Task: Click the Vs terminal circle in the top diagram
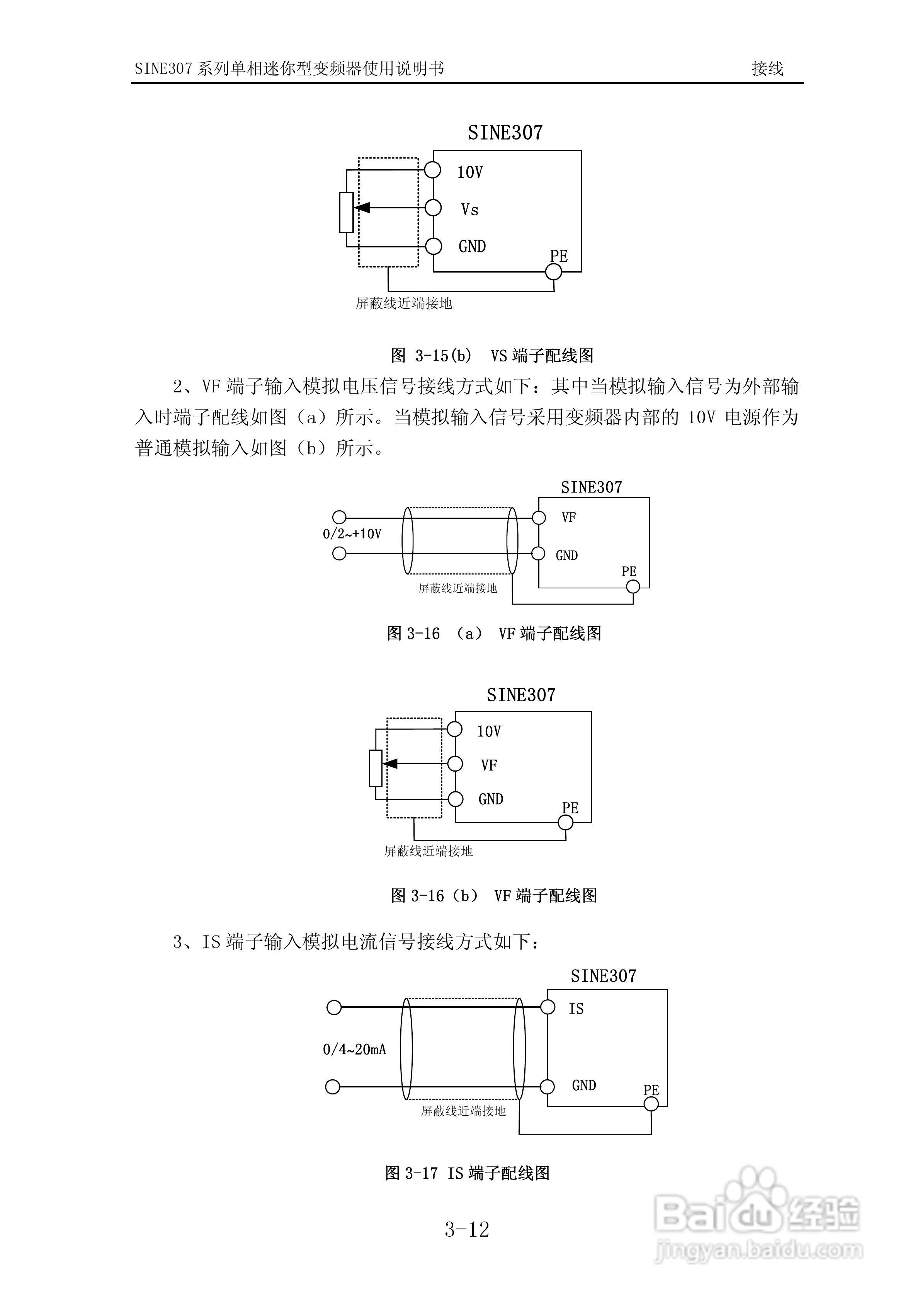coord(433,208)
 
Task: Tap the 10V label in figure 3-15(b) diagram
coord(470,172)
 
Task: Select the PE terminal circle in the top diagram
coord(553,272)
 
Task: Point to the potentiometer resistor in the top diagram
coord(346,213)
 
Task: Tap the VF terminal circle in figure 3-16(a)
coord(539,518)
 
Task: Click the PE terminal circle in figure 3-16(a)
coord(633,587)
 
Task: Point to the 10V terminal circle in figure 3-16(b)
coord(455,729)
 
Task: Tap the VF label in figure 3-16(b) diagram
coord(489,765)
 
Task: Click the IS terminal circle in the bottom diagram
coord(548,1007)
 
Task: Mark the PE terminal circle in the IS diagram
coord(651,1104)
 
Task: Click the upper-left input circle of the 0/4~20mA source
coord(335,1007)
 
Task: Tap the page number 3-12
coord(466,1229)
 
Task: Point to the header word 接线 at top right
coord(767,68)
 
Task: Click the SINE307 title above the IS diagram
coord(603,976)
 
